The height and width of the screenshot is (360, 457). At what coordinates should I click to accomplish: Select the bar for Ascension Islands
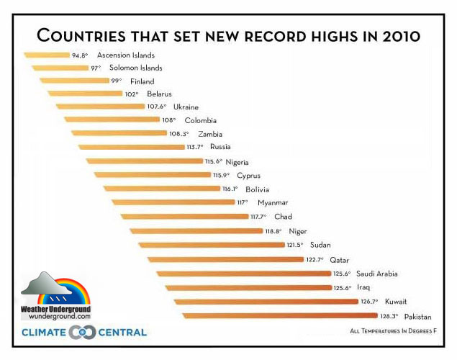(45, 55)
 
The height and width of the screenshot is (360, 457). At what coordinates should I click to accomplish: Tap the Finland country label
(142, 81)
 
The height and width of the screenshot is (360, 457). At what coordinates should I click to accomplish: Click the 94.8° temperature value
(80, 55)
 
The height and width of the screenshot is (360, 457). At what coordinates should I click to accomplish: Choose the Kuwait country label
(395, 302)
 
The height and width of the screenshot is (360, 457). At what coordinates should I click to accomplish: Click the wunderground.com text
(56, 316)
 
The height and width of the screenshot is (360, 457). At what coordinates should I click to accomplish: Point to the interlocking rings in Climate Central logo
(82, 333)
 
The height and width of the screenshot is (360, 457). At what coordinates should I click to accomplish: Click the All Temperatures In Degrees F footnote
(393, 332)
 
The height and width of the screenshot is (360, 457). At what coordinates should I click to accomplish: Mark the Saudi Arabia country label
(397, 274)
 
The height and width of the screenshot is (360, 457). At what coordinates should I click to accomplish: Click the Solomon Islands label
(135, 68)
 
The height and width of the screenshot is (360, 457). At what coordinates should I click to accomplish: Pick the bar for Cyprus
(152, 175)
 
